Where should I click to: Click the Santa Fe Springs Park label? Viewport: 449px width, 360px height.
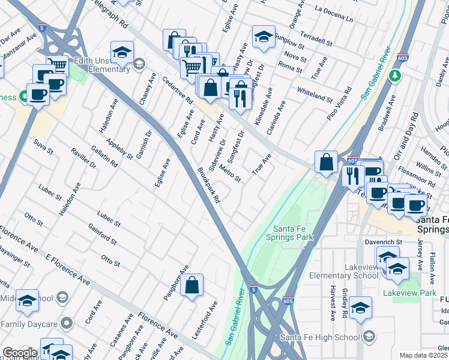[x=294, y=233]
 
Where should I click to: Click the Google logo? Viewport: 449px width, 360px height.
[x=19, y=353]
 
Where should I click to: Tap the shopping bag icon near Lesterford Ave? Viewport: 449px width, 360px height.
[x=191, y=287]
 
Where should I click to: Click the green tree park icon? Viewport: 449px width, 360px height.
[x=394, y=76]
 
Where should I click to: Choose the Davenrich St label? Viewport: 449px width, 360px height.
[x=382, y=243]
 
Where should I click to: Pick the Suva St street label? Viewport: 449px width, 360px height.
[x=40, y=145]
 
